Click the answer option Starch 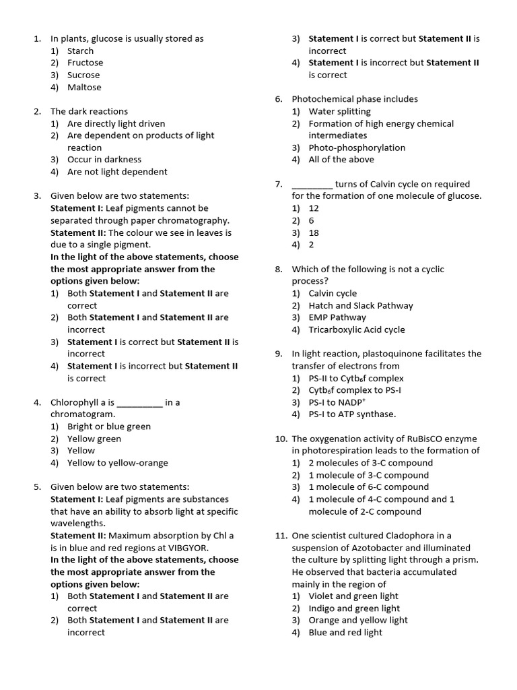coord(80,51)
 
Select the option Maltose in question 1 coord(84,87)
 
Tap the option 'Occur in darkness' coord(104,160)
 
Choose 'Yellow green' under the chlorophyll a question coord(94,439)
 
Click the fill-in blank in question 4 coord(139,402)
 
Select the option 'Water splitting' coord(339,111)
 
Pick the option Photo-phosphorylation coord(357,148)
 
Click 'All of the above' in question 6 coord(341,160)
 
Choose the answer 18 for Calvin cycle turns coord(314,232)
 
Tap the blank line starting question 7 coord(312,184)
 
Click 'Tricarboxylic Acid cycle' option coord(357,330)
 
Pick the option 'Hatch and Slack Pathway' coord(361,305)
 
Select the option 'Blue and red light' coord(345,633)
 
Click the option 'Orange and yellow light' coord(358,621)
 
